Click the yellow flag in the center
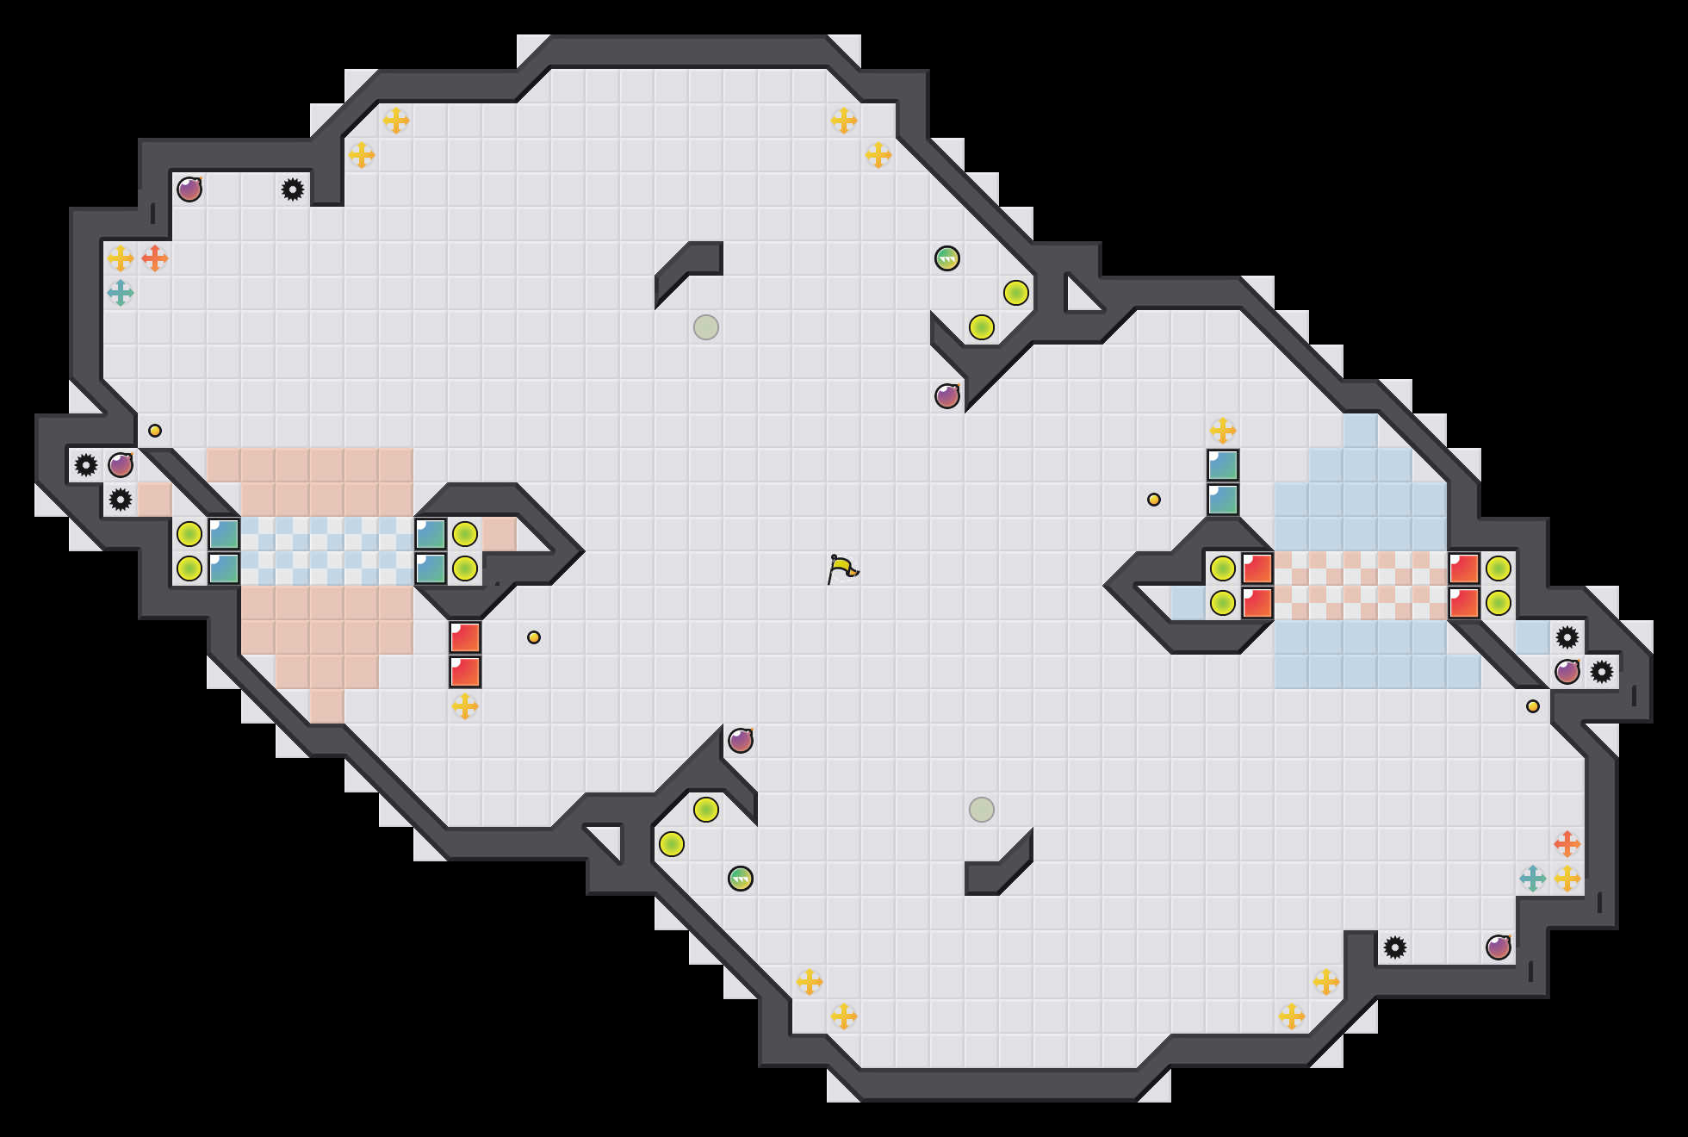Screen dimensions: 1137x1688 (842, 568)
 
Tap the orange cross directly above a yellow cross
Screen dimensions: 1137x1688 (1567, 844)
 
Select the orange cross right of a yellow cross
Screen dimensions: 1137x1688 (155, 258)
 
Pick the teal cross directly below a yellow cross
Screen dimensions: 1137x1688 (121, 293)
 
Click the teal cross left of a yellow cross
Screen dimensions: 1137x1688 (1533, 879)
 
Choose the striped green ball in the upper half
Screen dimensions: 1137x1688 (947, 258)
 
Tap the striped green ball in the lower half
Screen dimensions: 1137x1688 (741, 879)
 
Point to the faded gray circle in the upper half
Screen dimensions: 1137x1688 (706, 327)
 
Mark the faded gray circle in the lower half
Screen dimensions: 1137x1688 (982, 810)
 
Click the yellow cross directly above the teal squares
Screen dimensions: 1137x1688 (1223, 430)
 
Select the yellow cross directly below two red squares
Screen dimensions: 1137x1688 (465, 706)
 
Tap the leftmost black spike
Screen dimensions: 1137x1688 (86, 465)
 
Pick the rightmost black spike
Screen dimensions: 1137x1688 (1602, 672)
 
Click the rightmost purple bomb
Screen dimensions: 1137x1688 (1567, 672)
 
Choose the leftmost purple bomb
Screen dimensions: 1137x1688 (121, 465)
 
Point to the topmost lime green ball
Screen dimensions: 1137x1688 (1016, 293)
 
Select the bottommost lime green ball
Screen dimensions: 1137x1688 (672, 844)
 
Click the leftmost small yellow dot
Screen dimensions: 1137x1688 (155, 431)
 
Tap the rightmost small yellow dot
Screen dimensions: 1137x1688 (1533, 706)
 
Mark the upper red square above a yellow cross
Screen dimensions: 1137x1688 (465, 637)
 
